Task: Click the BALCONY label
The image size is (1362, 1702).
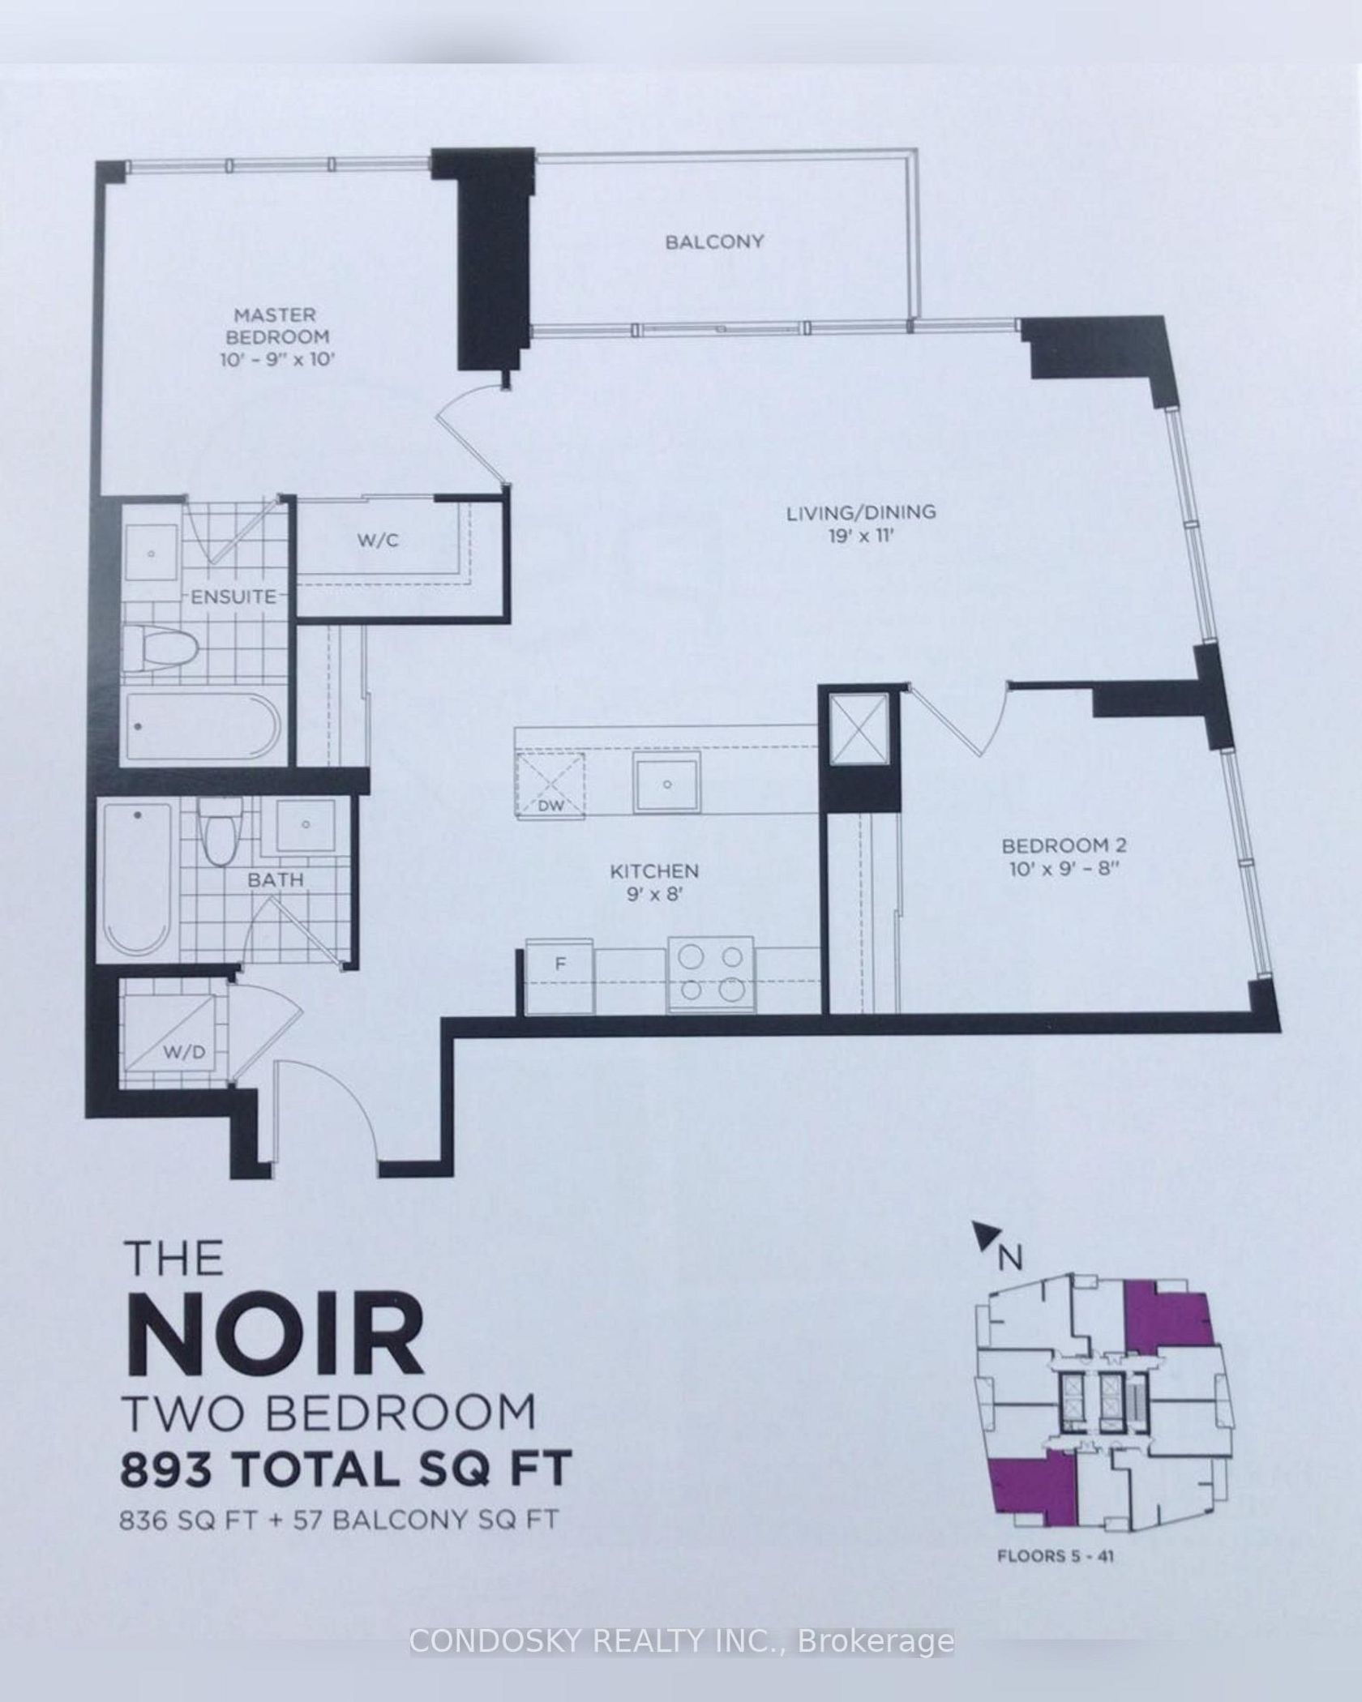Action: [714, 242]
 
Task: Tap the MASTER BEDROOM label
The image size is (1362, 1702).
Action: [277, 325]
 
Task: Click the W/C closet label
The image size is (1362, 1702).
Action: [379, 540]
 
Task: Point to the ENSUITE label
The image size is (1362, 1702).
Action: [233, 597]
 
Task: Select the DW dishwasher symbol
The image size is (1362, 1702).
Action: [550, 782]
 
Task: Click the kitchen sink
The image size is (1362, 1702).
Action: [666, 780]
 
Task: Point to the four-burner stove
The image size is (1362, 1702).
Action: [711, 975]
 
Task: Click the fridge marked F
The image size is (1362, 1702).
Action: [560, 976]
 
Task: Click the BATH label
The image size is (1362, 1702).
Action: [276, 879]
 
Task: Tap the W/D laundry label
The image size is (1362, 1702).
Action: [186, 1052]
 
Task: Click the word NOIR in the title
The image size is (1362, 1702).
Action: [276, 1334]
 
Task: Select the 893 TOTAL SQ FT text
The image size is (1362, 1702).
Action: [346, 1468]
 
